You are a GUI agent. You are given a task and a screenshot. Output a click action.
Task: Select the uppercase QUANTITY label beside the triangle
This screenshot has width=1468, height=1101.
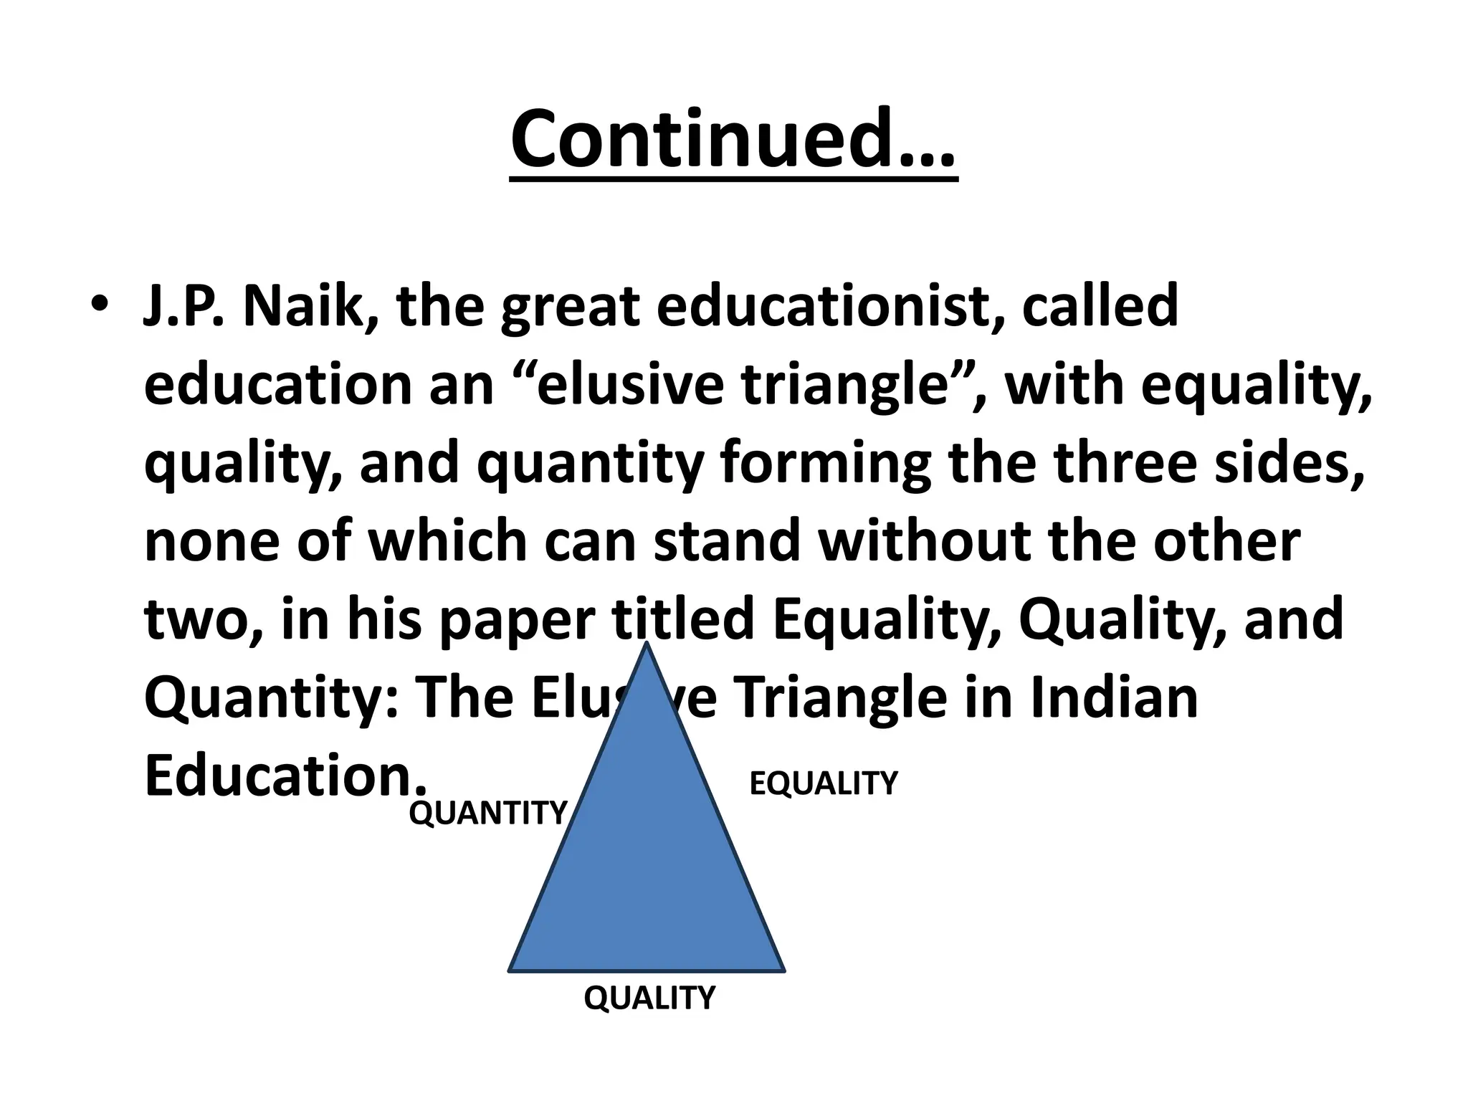(x=488, y=813)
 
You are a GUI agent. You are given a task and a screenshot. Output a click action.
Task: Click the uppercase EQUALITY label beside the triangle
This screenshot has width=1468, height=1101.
(x=823, y=783)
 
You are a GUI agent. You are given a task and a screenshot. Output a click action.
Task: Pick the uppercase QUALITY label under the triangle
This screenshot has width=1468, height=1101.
(x=649, y=997)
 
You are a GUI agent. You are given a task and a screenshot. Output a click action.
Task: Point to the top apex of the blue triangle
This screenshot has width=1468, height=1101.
(x=647, y=645)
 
